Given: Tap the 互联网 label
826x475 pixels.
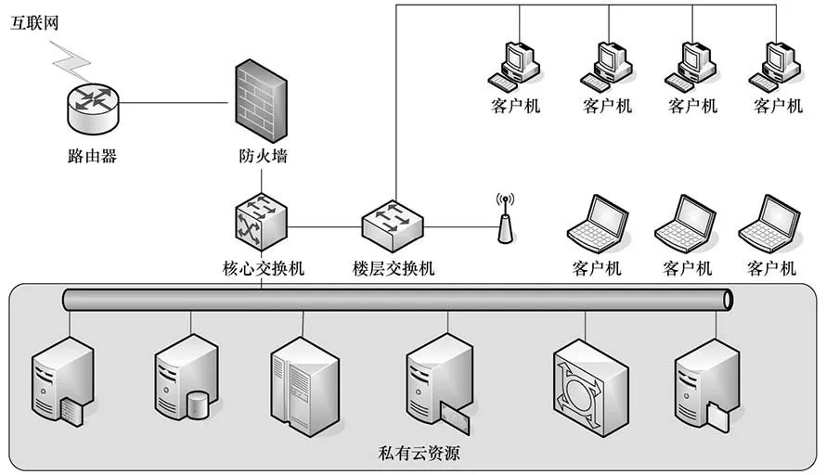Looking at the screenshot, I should click(x=34, y=23).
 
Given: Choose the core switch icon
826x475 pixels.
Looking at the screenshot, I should click(x=259, y=220).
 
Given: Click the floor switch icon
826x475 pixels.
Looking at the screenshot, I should click(x=392, y=220).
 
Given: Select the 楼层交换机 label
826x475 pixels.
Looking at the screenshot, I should click(x=394, y=269).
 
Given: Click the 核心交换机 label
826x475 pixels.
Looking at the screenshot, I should click(x=264, y=269).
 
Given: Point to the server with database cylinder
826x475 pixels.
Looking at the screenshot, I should click(x=187, y=380).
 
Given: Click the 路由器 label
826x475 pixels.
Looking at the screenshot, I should click(x=93, y=156).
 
